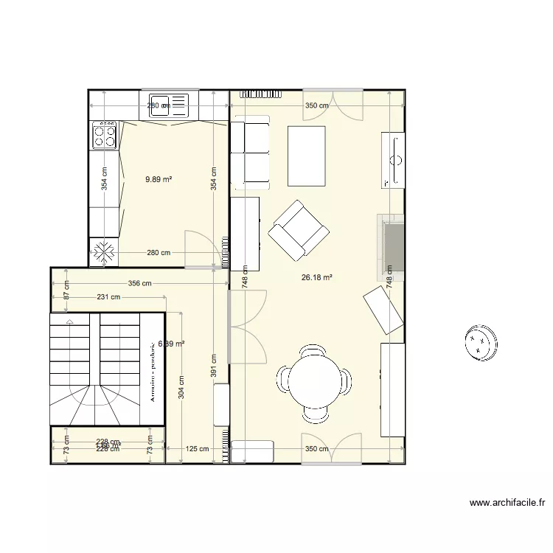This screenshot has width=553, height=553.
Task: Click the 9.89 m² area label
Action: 159,178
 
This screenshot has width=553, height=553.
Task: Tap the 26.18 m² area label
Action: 317,278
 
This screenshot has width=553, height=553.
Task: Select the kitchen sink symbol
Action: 169,105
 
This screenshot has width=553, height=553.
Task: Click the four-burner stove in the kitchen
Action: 104,135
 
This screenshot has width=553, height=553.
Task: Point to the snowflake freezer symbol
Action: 103,252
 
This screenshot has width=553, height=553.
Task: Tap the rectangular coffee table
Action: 307,156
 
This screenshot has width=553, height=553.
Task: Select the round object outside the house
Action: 481,343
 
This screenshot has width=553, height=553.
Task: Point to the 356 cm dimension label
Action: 139,283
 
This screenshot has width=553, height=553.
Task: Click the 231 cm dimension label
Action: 108,297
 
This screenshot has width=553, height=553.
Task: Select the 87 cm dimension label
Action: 66,290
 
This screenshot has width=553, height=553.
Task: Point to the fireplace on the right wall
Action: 392,248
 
